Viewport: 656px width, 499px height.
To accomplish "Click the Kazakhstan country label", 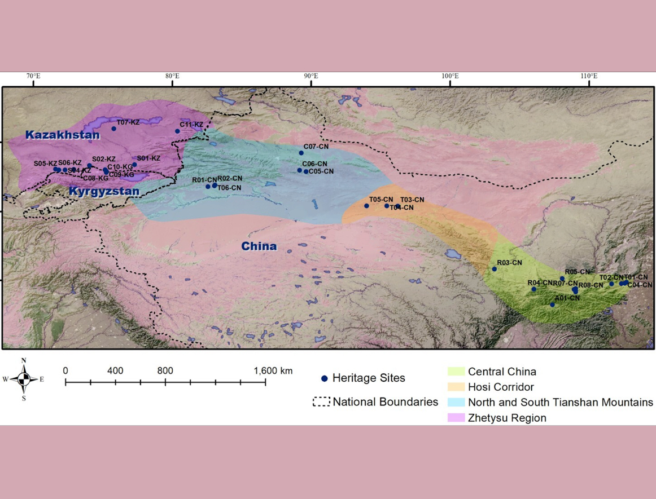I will click(63, 135).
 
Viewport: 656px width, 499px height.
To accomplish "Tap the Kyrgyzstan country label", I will click(104, 192).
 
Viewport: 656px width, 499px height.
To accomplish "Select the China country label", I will click(259, 246).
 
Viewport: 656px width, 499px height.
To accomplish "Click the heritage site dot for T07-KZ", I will click(113, 129).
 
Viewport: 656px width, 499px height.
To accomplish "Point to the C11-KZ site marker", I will click(177, 131).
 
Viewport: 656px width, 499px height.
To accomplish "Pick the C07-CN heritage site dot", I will click(301, 153).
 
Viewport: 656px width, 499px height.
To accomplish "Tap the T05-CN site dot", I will click(366, 206).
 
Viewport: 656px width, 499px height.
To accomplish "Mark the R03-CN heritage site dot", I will click(495, 269).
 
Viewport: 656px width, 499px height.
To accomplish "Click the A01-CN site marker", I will click(553, 305).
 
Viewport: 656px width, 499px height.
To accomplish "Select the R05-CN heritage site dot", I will click(562, 279).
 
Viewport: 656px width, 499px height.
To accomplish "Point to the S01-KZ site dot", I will click(134, 165).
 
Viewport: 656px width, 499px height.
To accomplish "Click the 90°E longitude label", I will click(310, 76).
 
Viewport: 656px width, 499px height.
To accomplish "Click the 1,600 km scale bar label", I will click(273, 370).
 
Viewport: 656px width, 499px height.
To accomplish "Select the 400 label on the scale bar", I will click(115, 370).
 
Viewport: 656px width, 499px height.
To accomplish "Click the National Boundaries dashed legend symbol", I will click(321, 402).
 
